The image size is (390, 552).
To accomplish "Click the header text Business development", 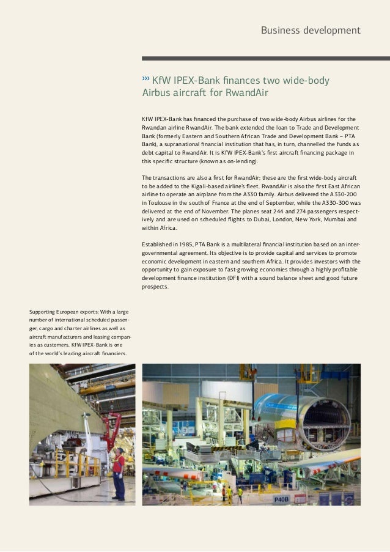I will coord(311,30).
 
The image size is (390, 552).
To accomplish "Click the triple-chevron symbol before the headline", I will coord(145,79).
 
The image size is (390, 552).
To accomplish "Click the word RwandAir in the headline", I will coord(247,94).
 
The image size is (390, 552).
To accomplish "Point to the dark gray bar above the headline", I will coord(265,59).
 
